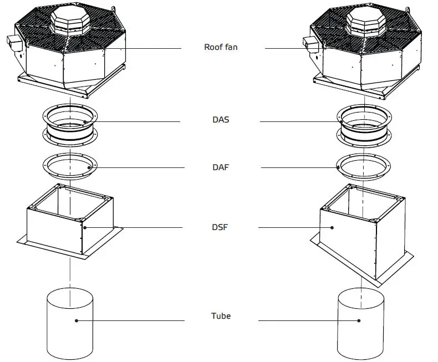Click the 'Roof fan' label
coord(221,48)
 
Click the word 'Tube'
coord(221,316)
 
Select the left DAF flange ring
coord(70,166)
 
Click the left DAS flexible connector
coord(70,126)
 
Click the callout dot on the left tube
coord(76,320)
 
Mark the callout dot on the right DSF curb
coord(333,227)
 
